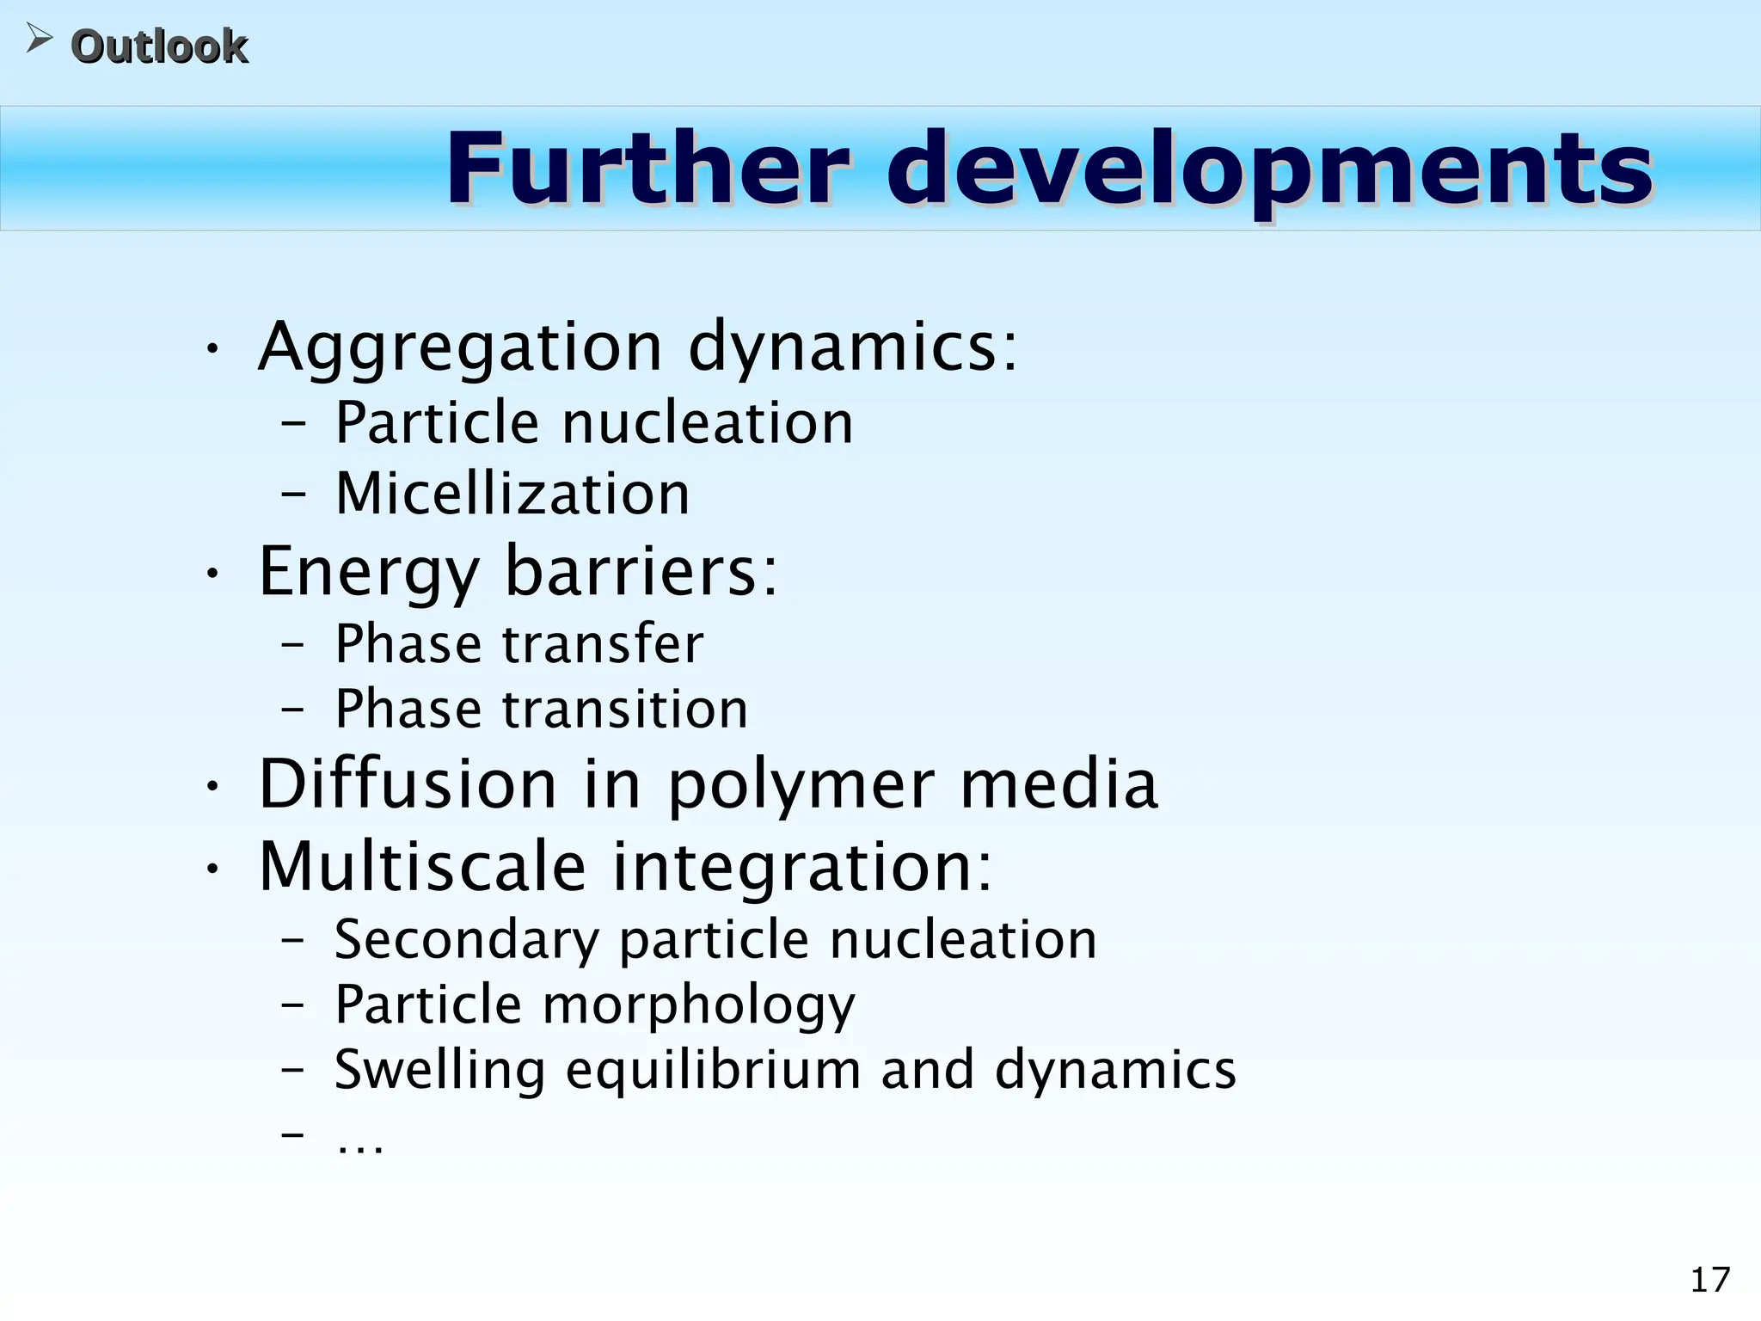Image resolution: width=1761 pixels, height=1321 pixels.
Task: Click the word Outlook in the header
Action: coord(159,46)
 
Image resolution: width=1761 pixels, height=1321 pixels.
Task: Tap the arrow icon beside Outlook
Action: coord(38,38)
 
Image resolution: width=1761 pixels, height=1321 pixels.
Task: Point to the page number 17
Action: coord(1709,1281)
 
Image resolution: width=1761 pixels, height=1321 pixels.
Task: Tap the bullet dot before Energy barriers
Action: coord(212,573)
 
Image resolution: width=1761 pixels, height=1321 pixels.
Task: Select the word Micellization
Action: coord(512,495)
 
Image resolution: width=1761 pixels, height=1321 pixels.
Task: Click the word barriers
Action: coord(641,571)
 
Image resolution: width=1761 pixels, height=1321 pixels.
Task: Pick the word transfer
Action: coord(603,644)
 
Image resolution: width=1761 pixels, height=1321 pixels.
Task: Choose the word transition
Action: coord(625,710)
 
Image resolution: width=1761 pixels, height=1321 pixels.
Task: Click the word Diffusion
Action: coord(408,784)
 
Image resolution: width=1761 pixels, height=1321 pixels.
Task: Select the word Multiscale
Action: coord(422,867)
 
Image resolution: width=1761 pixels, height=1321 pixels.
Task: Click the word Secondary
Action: coord(466,940)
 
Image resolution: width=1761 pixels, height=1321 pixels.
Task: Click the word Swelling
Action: coord(439,1072)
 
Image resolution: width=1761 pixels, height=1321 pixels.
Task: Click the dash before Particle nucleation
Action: coord(293,424)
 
